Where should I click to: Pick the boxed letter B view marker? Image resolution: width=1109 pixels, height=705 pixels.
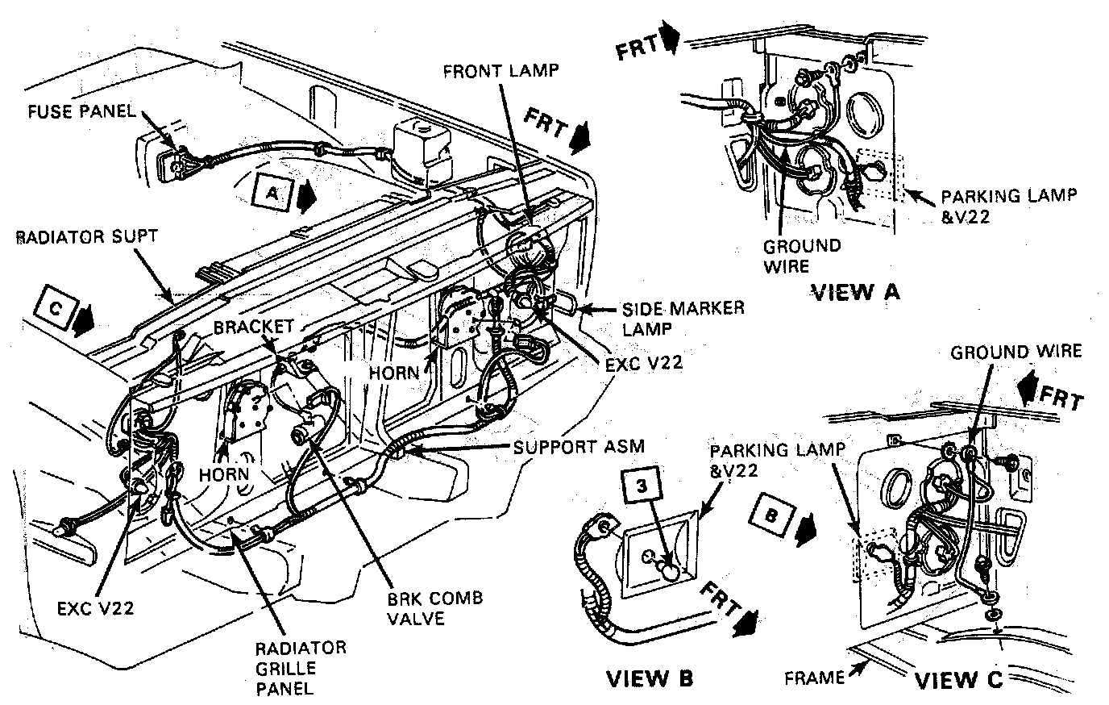pos(771,517)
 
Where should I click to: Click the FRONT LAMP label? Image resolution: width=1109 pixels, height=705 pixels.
pos(500,70)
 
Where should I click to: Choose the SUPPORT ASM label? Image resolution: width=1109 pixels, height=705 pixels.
pos(579,446)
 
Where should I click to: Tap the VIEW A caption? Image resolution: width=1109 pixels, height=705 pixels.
pos(856,291)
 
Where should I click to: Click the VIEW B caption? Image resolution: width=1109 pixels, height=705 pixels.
pos(649,678)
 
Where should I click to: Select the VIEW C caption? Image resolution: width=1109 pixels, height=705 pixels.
pos(957,679)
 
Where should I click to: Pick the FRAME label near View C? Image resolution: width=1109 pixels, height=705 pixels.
pos(814,677)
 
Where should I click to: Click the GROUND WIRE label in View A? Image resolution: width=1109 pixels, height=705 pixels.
pos(802,255)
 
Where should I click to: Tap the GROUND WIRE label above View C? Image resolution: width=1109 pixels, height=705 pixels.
pos(1016,352)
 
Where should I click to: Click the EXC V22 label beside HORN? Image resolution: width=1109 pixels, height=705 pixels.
pos(642,363)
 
